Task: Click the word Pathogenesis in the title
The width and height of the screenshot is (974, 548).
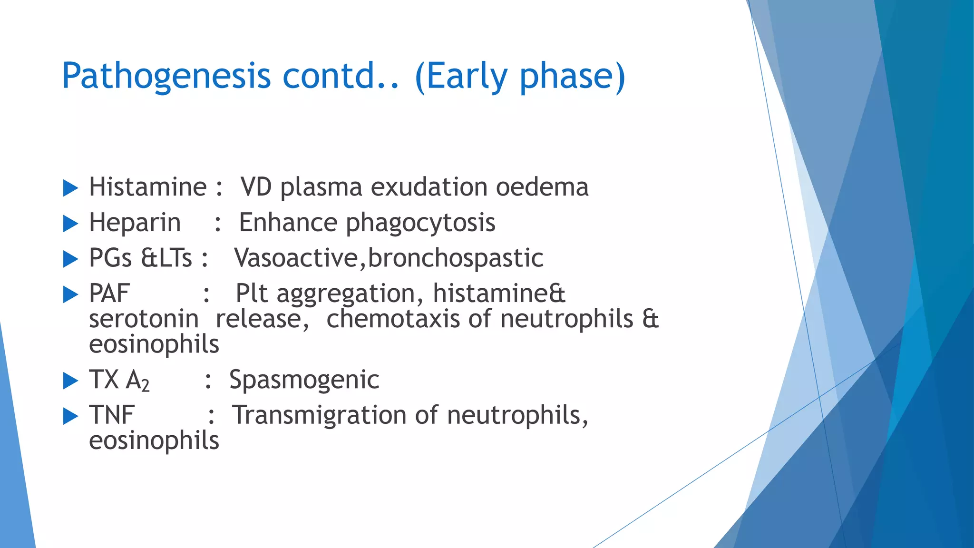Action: [166, 76]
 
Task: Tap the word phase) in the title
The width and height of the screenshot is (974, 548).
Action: [572, 76]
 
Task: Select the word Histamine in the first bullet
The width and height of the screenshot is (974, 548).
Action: [148, 187]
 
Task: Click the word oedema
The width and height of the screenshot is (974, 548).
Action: [542, 187]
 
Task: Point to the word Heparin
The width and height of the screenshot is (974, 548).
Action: [135, 223]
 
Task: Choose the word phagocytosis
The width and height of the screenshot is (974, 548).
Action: [420, 223]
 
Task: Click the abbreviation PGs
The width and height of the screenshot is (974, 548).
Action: [110, 258]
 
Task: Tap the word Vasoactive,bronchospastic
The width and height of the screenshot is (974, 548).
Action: [389, 258]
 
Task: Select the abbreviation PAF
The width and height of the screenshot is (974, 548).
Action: [109, 294]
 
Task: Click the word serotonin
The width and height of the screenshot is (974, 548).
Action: [144, 319]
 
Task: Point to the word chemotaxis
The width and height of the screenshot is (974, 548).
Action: [393, 319]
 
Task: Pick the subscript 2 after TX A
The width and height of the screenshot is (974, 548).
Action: [146, 385]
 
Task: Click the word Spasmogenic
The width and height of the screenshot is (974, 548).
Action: [304, 380]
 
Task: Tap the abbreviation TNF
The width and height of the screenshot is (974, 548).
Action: [112, 415]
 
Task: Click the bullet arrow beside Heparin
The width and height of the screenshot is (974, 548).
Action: [70, 224]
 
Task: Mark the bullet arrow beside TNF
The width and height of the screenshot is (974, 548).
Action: [70, 416]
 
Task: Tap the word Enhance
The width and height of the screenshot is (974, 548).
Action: [288, 223]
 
